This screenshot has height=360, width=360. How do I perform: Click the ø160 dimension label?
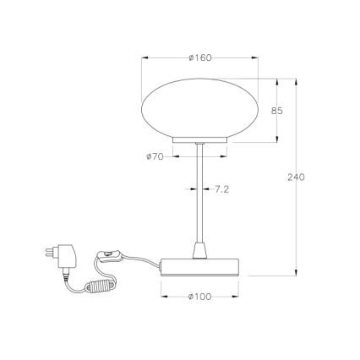[199, 57]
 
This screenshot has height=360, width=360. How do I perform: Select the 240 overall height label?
[295, 177]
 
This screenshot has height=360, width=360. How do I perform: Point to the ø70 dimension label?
[154, 156]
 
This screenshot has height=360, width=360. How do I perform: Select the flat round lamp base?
[200, 266]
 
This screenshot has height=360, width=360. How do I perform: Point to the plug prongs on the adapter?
[46, 253]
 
